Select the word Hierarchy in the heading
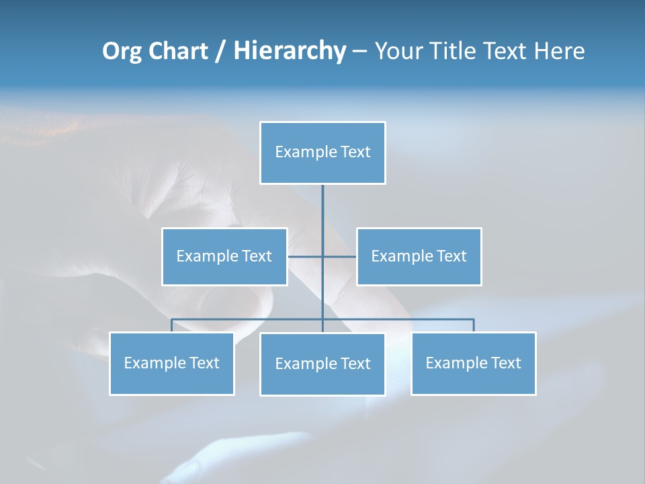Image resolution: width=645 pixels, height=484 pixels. (290, 51)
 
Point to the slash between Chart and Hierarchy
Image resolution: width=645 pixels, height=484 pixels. (220, 51)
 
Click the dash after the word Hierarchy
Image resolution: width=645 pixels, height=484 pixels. (359, 51)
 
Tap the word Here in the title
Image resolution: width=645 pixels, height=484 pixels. (559, 51)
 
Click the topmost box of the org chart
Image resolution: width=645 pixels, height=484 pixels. (322, 153)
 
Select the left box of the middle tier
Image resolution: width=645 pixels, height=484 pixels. (224, 256)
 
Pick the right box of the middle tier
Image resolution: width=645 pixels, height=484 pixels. (419, 256)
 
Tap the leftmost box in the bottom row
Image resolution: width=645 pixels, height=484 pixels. (171, 363)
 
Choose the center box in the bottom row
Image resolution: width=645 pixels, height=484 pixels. (322, 364)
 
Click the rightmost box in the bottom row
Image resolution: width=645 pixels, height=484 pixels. (473, 363)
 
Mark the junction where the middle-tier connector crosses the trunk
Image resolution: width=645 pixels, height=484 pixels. (322, 256)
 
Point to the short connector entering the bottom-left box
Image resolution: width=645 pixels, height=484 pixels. (171, 325)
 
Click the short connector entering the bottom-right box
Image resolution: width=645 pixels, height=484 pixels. (474, 325)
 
